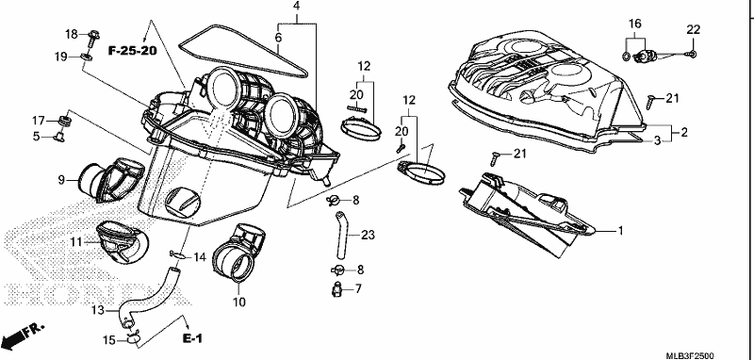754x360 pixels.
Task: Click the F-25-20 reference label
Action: point(132,51)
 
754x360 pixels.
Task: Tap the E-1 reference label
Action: point(192,339)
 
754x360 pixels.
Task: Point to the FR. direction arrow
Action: point(23,335)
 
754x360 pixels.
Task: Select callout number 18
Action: point(72,34)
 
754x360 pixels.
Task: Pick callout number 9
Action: point(61,180)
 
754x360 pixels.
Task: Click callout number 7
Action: point(358,289)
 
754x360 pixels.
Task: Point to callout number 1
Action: point(620,231)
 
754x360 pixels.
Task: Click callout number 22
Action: point(693,30)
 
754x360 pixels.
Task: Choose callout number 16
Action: point(634,24)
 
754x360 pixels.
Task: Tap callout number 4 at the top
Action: point(296,7)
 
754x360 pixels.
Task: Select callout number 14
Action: point(199,257)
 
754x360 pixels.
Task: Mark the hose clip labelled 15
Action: point(132,340)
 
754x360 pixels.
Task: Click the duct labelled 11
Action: point(123,243)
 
